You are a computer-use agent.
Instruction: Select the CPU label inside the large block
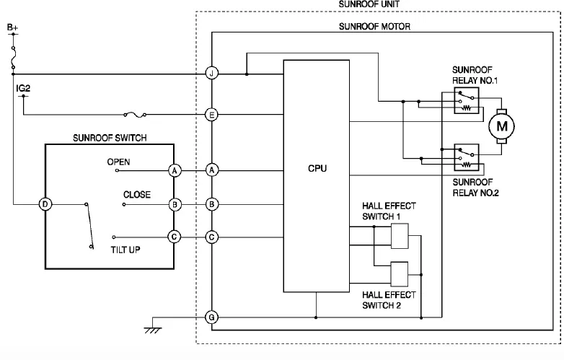317,169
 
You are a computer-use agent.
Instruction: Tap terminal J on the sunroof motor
211,74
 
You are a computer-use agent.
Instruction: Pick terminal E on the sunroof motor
211,114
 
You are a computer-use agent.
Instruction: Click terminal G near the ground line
211,317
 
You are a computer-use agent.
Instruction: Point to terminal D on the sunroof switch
45,204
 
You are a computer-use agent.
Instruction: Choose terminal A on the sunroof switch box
174,170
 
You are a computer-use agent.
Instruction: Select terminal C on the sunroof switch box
174,237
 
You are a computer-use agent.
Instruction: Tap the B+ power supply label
13,27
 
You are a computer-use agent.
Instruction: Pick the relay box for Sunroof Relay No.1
466,102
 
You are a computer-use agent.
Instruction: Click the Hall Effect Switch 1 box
400,234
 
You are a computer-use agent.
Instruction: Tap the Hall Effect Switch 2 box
400,273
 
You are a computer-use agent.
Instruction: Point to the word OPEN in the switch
118,162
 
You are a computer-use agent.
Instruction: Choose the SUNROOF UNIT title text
369,4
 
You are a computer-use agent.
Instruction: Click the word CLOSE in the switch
137,195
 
